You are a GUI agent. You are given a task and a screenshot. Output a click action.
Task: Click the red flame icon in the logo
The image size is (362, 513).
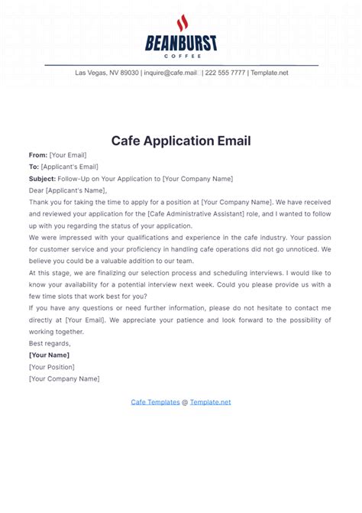pyautogui.click(x=181, y=23)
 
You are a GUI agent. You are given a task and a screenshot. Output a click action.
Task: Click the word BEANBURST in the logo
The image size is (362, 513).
pyautogui.click(x=181, y=44)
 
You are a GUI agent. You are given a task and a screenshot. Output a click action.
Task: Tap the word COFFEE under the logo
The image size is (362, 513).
pyautogui.click(x=181, y=56)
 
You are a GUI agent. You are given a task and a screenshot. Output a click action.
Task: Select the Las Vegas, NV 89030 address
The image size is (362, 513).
pyautogui.click(x=107, y=73)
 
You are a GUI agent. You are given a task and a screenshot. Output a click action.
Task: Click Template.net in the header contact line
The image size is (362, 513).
pyautogui.click(x=270, y=73)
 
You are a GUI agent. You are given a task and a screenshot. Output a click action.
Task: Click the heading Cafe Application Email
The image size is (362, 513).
pyautogui.click(x=181, y=141)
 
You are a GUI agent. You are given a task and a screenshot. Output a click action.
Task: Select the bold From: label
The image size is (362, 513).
pyautogui.click(x=38, y=154)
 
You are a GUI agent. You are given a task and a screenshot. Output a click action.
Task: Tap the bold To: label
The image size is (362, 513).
pyautogui.click(x=34, y=167)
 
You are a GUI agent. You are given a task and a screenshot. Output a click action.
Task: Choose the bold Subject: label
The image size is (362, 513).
pyautogui.click(x=42, y=179)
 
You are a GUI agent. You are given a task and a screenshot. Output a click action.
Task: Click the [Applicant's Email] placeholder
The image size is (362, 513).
pyautogui.click(x=69, y=167)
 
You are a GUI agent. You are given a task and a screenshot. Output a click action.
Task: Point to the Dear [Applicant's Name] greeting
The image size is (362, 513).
pyautogui.click(x=68, y=190)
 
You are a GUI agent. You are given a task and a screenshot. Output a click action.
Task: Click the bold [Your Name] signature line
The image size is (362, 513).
pyautogui.click(x=49, y=356)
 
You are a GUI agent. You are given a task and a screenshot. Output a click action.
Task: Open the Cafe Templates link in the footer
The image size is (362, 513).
pyautogui.click(x=155, y=401)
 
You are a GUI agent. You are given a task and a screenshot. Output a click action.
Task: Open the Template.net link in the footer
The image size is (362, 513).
pyautogui.click(x=210, y=401)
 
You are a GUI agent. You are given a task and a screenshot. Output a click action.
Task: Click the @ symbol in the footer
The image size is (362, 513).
pyautogui.click(x=185, y=401)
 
